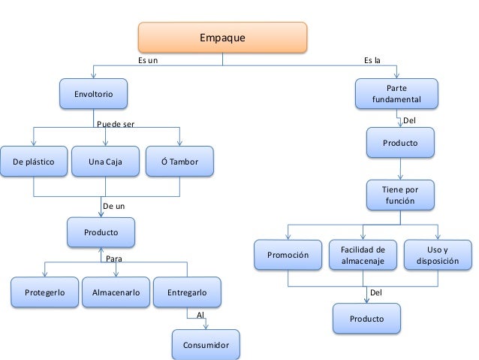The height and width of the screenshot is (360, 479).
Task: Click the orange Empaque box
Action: pyautogui.click(x=221, y=38)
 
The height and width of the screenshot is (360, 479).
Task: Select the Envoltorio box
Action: pyautogui.click(x=94, y=94)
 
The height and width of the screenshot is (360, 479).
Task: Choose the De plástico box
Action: pyautogui.click(x=33, y=161)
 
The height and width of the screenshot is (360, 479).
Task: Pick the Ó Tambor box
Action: pyautogui.click(x=179, y=161)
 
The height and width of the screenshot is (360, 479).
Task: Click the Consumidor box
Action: pyautogui.click(x=206, y=345)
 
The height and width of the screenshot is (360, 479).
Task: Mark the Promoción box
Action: pyautogui.click(x=288, y=255)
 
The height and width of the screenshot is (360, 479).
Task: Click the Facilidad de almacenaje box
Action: pyautogui.click(x=363, y=255)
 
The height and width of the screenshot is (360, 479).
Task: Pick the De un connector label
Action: pyautogui.click(x=113, y=204)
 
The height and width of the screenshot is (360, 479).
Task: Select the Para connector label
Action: pyautogui.click(x=113, y=258)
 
